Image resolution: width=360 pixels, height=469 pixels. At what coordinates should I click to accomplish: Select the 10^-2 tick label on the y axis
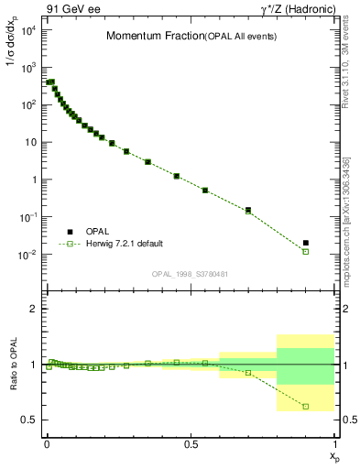tap(27, 254)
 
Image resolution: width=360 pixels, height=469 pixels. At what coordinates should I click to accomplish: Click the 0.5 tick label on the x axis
tap(191, 443)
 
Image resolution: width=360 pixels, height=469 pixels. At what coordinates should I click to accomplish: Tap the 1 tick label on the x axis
tap(334, 443)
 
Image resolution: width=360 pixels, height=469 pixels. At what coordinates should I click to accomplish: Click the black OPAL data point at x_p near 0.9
tap(306, 243)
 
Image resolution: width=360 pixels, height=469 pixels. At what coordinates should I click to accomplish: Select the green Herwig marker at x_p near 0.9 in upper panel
tap(306, 251)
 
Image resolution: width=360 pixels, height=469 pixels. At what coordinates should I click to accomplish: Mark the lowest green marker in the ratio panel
tap(306, 406)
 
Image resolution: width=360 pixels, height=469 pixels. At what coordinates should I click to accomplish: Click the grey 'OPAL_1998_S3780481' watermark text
tap(191, 273)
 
